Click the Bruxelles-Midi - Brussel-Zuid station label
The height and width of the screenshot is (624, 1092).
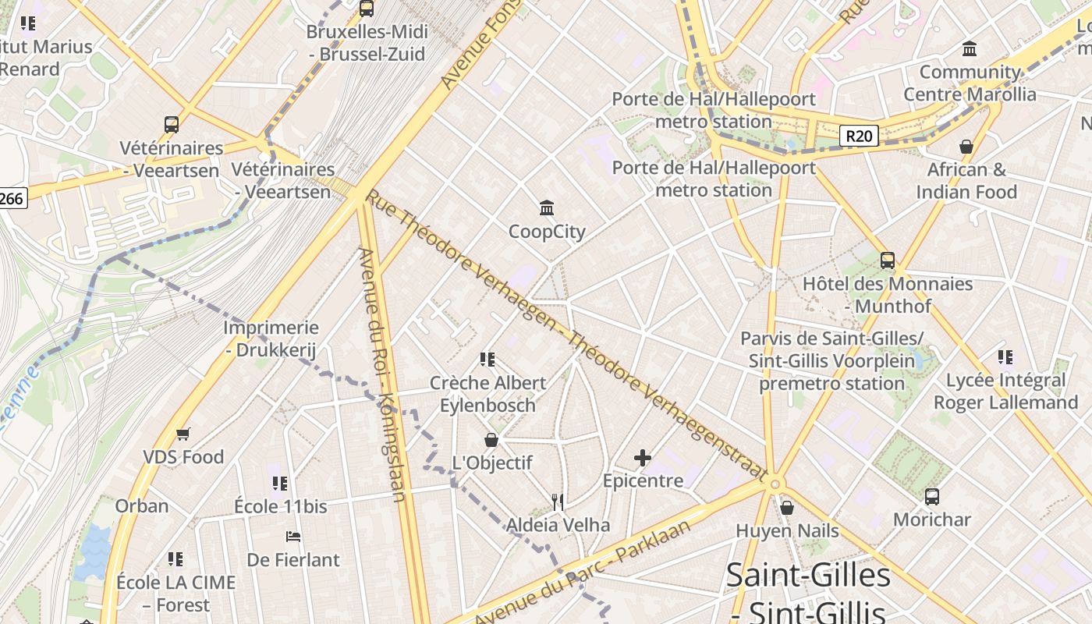(366, 43)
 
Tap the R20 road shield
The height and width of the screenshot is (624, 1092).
(859, 136)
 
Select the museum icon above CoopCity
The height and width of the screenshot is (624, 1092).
(547, 208)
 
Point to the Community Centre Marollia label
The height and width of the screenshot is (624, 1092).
(970, 83)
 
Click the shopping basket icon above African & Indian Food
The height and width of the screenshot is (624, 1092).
(966, 147)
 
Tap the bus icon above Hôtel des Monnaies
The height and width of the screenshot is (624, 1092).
(888, 261)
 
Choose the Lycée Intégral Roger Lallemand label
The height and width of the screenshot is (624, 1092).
(1005, 392)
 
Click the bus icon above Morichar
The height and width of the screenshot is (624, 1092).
(932, 496)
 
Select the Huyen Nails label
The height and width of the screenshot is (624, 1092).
(787, 531)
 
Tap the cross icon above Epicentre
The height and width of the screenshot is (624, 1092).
(643, 458)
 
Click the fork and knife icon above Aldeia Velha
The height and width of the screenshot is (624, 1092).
(557, 502)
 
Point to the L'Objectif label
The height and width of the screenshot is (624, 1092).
(492, 463)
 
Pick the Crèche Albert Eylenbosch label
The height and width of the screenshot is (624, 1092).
(488, 394)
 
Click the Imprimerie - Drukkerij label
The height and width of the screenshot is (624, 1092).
(271, 339)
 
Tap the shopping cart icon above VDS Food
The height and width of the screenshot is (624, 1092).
(183, 434)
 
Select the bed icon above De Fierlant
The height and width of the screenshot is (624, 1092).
(293, 537)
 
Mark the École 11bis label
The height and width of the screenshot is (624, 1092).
(281, 506)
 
